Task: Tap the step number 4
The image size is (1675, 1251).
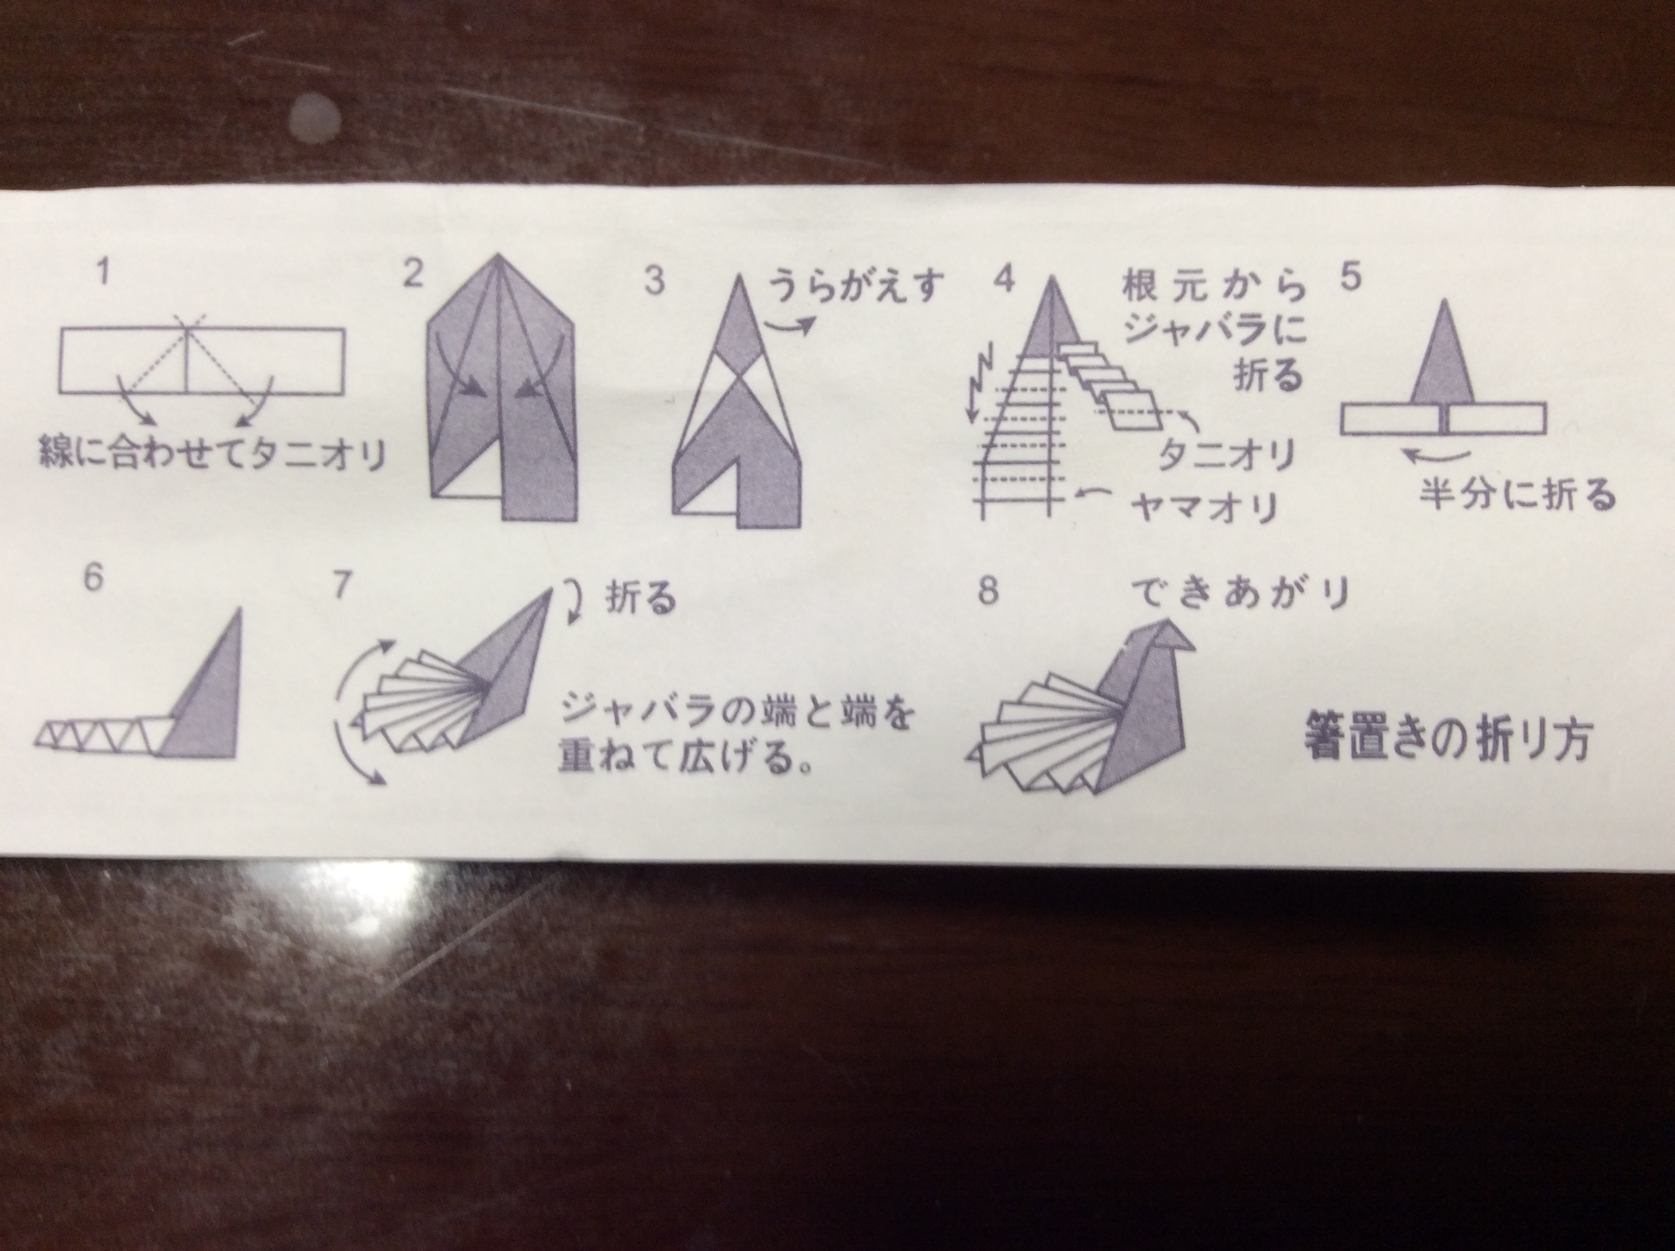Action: point(1004,279)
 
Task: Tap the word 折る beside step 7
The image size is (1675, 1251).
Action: point(640,600)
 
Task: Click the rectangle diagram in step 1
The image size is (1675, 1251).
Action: point(202,361)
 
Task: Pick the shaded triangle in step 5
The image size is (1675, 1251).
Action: point(1443,352)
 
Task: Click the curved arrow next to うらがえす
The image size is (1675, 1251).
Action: point(790,326)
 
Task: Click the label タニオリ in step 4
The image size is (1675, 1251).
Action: point(1225,455)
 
